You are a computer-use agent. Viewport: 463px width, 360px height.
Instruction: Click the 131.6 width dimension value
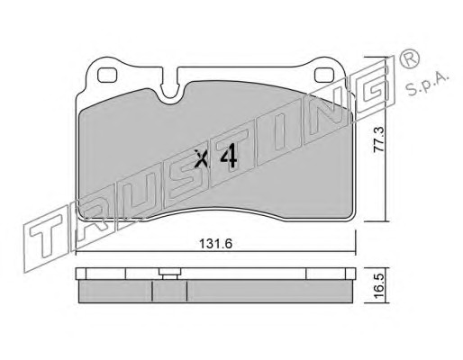point(216,244)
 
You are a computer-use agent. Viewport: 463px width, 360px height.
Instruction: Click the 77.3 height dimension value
point(379,139)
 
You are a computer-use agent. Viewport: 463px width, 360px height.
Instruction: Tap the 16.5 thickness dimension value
point(379,285)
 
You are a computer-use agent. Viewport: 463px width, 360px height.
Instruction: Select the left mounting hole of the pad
point(107,75)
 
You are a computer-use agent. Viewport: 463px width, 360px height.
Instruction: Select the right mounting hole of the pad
point(324,75)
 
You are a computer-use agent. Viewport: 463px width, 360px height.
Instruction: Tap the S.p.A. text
point(427,84)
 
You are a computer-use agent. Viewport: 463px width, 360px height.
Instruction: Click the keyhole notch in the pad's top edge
point(170,87)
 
